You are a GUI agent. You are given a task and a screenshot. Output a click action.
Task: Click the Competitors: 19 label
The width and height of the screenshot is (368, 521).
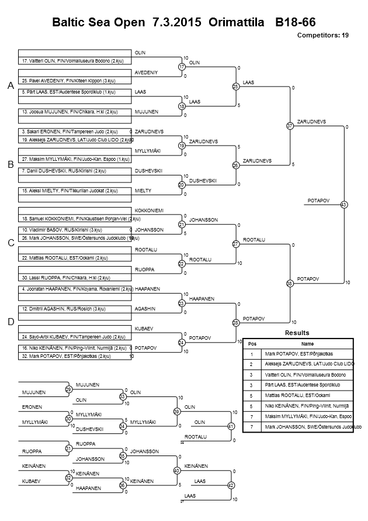click(323, 36)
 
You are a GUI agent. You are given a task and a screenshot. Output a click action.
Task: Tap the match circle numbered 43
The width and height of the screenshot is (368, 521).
click(343, 204)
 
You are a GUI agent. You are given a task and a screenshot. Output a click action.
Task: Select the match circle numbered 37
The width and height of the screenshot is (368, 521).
click(290, 126)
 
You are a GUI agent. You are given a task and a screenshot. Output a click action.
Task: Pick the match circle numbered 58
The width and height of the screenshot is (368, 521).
click(290, 283)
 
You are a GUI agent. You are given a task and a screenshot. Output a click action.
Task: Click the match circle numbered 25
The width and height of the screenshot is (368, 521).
click(236, 87)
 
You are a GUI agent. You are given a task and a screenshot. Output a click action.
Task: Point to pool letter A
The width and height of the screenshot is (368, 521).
click(11, 86)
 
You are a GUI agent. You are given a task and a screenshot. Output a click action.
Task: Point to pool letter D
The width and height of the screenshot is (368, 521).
click(11, 322)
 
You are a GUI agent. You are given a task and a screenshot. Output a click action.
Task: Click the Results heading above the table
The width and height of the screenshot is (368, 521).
click(297, 332)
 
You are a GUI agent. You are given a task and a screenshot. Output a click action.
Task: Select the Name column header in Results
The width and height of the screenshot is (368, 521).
click(307, 344)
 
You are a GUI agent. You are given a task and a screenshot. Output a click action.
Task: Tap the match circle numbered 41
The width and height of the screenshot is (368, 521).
click(231, 426)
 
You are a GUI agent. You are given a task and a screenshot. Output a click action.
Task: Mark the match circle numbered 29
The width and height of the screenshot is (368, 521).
click(69, 389)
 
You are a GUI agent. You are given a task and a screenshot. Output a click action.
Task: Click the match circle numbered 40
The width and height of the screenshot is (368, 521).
click(176, 470)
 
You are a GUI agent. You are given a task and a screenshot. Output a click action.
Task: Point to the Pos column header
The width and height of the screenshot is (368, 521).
click(252, 344)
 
